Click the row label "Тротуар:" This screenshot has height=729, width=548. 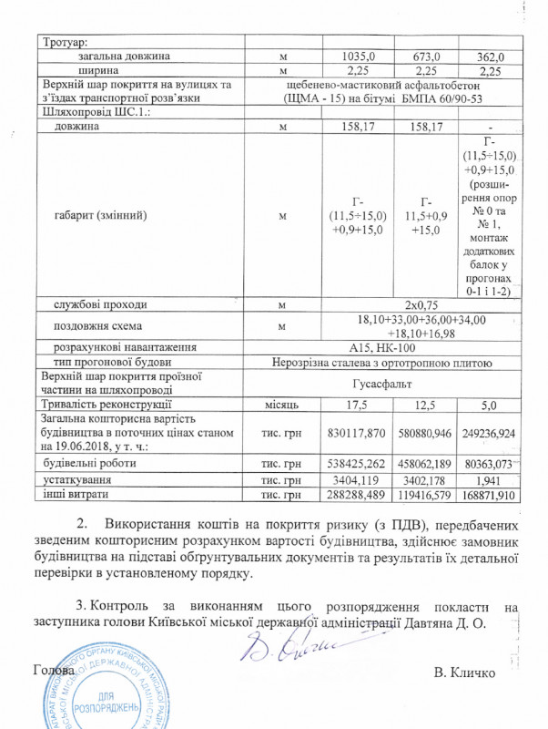click(x=64, y=43)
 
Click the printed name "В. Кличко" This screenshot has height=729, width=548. click(x=465, y=673)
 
